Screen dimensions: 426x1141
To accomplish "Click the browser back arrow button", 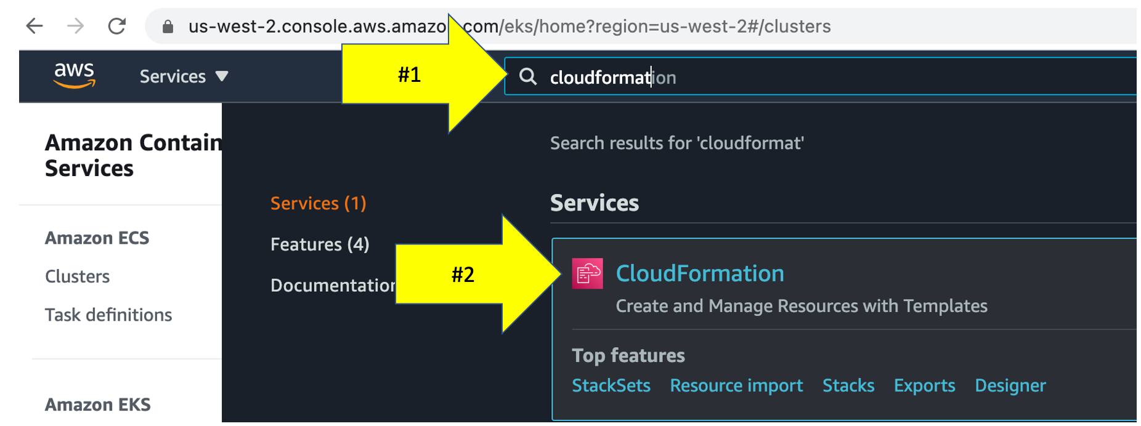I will (x=35, y=26).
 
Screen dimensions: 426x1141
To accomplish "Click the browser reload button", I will (x=116, y=26).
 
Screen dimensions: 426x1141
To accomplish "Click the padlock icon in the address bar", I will (x=168, y=26).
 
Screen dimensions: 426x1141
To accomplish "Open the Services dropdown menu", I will (x=184, y=76).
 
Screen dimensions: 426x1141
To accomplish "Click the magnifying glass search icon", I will (x=527, y=77).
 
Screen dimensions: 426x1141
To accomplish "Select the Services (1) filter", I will (x=318, y=203).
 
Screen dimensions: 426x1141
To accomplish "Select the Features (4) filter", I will (x=320, y=244).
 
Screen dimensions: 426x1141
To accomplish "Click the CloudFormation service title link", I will (x=699, y=273).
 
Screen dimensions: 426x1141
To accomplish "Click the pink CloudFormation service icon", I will (x=587, y=273).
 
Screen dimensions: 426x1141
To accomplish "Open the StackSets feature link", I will (x=611, y=385).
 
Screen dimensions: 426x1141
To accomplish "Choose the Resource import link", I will (x=736, y=385).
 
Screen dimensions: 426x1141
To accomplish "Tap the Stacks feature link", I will (x=848, y=385).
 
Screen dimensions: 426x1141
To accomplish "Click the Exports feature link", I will (x=924, y=385).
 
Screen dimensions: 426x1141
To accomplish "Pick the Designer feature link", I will (x=1010, y=385).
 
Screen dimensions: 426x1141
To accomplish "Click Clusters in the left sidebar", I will (x=77, y=276).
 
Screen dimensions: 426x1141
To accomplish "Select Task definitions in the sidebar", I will (x=108, y=315).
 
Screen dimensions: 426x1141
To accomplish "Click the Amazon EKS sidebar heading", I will (x=97, y=404).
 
